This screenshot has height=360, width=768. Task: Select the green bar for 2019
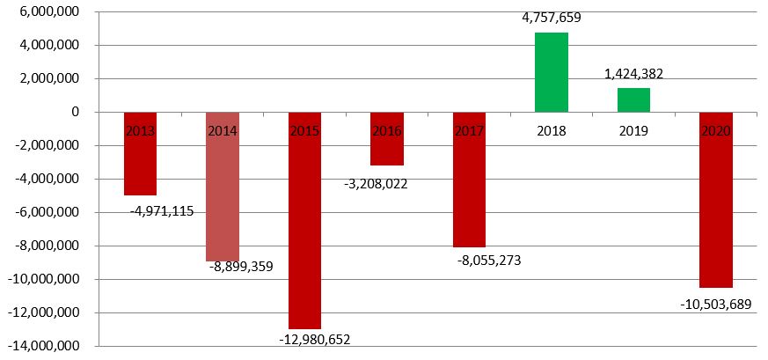(633, 99)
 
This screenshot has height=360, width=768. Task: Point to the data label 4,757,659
(551, 18)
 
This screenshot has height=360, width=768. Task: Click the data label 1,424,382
(633, 74)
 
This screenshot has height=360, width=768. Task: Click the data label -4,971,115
(162, 210)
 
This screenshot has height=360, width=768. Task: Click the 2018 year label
(551, 131)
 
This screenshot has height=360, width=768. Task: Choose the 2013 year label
(141, 131)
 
